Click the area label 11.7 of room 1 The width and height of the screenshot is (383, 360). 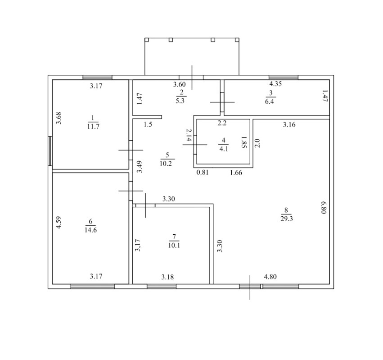coord(93,127)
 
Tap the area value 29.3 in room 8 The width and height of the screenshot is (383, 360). coord(287,219)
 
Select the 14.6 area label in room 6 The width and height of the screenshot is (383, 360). coord(90,230)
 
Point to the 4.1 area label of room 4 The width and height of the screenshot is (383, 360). coord(224,149)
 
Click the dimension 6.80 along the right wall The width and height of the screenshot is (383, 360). coord(324,207)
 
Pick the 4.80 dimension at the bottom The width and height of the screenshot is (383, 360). coord(270,277)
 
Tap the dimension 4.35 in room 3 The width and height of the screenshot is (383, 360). coord(275,84)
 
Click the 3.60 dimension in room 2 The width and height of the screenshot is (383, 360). coord(180,84)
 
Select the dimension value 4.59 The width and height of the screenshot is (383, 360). coord(59,223)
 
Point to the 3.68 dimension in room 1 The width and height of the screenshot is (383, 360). coord(59,118)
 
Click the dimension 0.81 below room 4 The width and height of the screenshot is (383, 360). coord(203,173)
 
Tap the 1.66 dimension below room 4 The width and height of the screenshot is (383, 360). coord(236,173)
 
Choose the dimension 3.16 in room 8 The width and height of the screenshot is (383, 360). coord(289,125)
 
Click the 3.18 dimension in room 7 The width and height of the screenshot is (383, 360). coord(167,277)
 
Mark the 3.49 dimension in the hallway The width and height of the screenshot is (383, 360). coord(139,167)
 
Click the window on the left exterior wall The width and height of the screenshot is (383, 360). coord(50,151)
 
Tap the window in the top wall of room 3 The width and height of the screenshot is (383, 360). coord(284,77)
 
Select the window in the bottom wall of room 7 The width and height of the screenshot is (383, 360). coord(162,287)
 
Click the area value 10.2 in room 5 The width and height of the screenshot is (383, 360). coord(166,164)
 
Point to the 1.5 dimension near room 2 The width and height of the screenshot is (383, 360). coord(148,124)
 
